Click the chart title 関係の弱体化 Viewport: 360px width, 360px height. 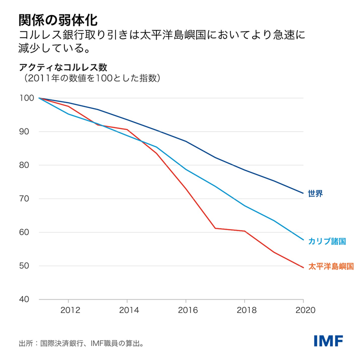coord(54,19)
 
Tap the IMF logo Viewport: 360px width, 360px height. coord(328,341)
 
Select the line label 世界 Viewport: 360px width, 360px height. coord(315,193)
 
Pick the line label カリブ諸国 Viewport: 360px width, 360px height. coord(327,241)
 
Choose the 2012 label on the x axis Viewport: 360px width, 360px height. coord(68,309)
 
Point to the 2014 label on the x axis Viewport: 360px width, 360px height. coord(127,309)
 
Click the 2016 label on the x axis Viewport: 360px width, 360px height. coord(186,309)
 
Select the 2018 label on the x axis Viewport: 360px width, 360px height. coord(244,309)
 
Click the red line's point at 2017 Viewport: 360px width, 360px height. coord(215,228)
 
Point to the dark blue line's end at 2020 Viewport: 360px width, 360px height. coord(303,193)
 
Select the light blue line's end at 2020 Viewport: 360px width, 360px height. coord(303,239)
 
